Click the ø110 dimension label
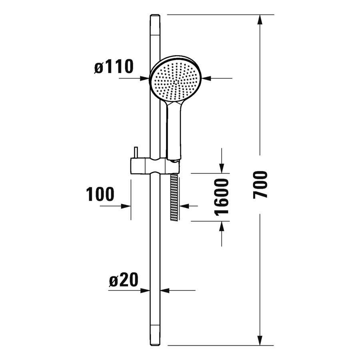[x=114, y=66]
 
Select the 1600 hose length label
[x=221, y=197]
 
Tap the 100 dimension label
[x=100, y=194]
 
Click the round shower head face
[x=176, y=79]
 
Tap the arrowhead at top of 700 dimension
[x=260, y=20]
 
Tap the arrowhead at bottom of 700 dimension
[x=260, y=340]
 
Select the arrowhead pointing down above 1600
[x=222, y=168]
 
